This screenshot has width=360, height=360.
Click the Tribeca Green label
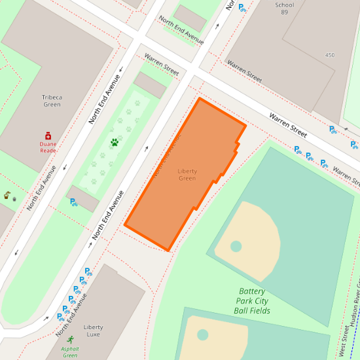click(52, 101)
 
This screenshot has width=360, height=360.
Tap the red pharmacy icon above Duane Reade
click(48, 135)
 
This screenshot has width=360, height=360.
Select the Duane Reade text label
click(48, 147)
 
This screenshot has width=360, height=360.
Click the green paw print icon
click(115, 142)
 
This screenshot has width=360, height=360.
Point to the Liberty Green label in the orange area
click(187, 175)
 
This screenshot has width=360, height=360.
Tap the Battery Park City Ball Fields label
click(252, 300)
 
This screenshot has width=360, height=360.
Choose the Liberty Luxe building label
click(93, 331)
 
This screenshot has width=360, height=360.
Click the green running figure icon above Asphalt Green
click(70, 340)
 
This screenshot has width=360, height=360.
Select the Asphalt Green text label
click(70, 352)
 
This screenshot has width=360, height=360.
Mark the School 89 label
click(285, 9)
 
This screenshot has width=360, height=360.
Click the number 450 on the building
click(329, 55)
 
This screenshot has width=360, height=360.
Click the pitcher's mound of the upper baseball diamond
click(236, 246)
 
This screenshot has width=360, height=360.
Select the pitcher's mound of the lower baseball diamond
click(202, 334)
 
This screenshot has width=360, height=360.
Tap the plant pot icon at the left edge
click(7, 195)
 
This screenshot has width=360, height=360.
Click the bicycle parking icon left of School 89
click(242, 8)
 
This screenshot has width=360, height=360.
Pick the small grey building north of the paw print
click(151, 85)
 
